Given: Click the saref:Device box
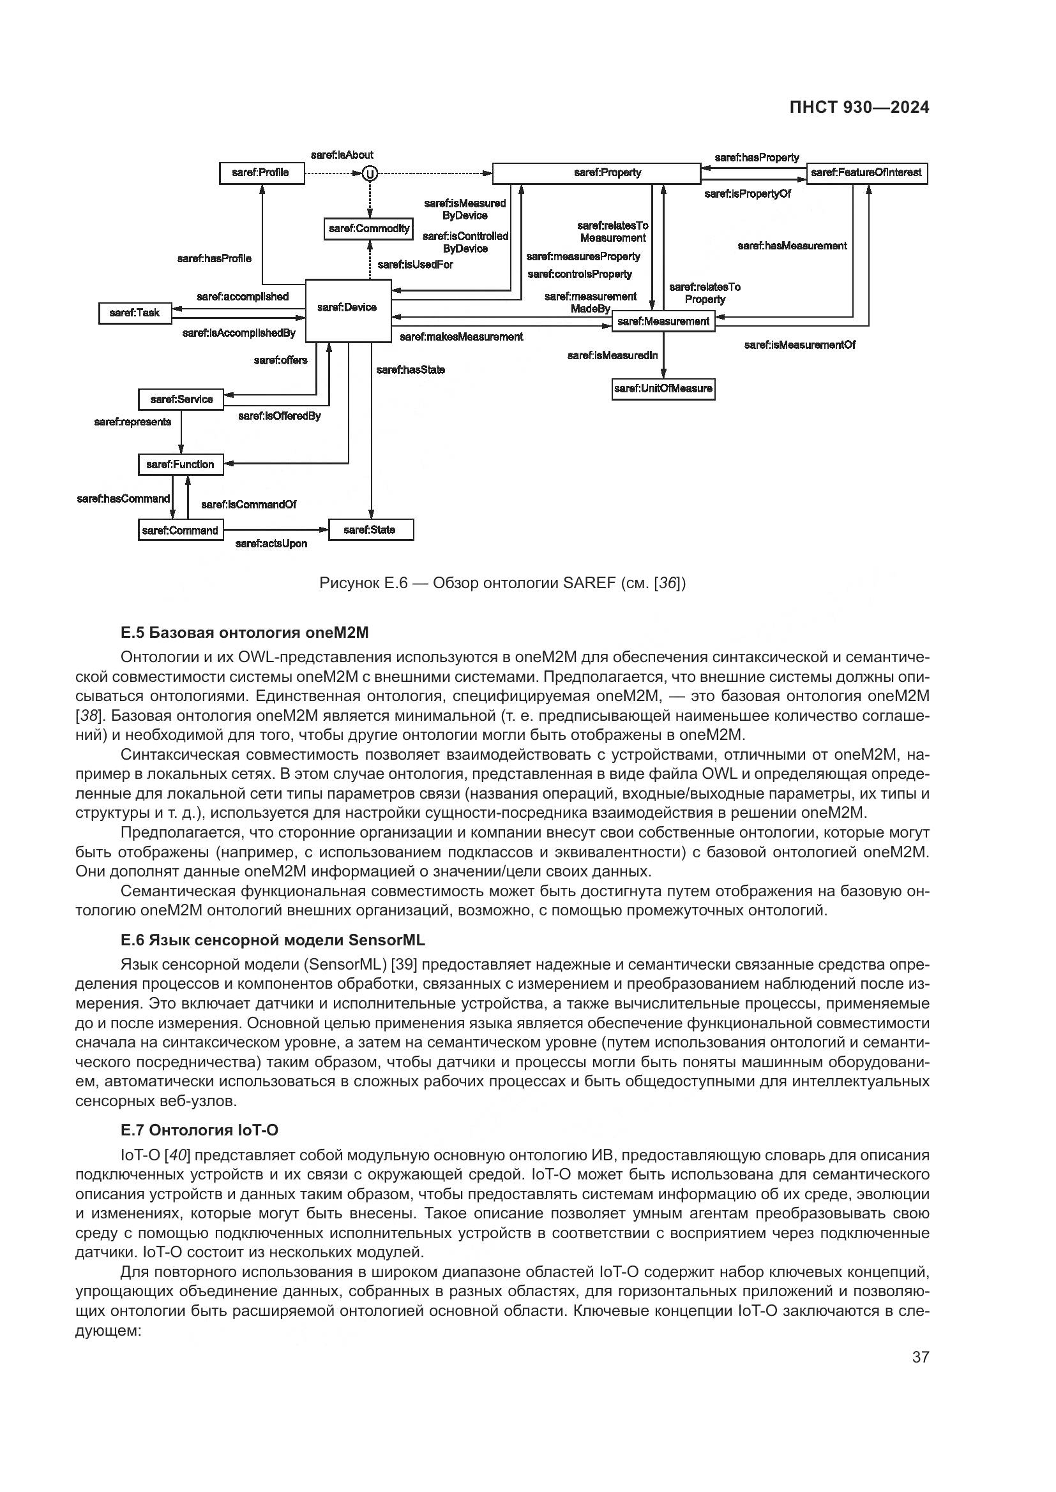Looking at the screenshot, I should pyautogui.click(x=348, y=310).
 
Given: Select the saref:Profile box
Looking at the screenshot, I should pyautogui.click(x=261, y=173).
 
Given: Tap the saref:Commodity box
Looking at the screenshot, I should pyautogui.click(x=368, y=229).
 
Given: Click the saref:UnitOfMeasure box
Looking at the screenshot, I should pyautogui.click(x=663, y=388).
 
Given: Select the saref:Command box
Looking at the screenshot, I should pyautogui.click(x=180, y=530).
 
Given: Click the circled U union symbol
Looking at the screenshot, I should pyautogui.click(x=368, y=174).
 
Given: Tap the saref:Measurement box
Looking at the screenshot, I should pyautogui.click(x=663, y=321).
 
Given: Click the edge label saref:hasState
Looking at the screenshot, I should pyautogui.click(x=411, y=370).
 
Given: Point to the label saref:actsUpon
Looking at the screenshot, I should pyautogui.click(x=271, y=544).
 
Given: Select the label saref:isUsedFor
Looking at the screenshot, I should pyautogui.click(x=415, y=265).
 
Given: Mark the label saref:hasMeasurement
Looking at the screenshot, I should pyautogui.click(x=792, y=246).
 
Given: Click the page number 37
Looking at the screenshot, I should pyautogui.click(x=920, y=1357).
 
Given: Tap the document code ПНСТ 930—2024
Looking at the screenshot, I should pyautogui.click(x=859, y=108).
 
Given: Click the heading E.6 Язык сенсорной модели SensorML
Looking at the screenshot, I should pyautogui.click(x=273, y=940).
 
